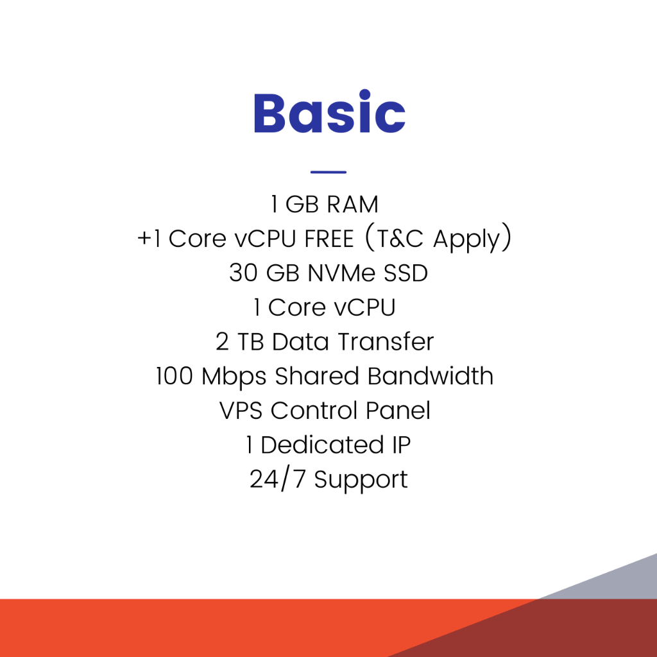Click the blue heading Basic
330,112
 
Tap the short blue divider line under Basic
328,172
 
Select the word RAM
352,205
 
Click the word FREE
329,239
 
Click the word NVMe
341,273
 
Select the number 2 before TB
222,342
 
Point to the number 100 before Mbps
175,376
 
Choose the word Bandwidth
431,376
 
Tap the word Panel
398,410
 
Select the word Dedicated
322,445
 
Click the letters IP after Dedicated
402,445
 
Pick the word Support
361,481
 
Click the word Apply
466,240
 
